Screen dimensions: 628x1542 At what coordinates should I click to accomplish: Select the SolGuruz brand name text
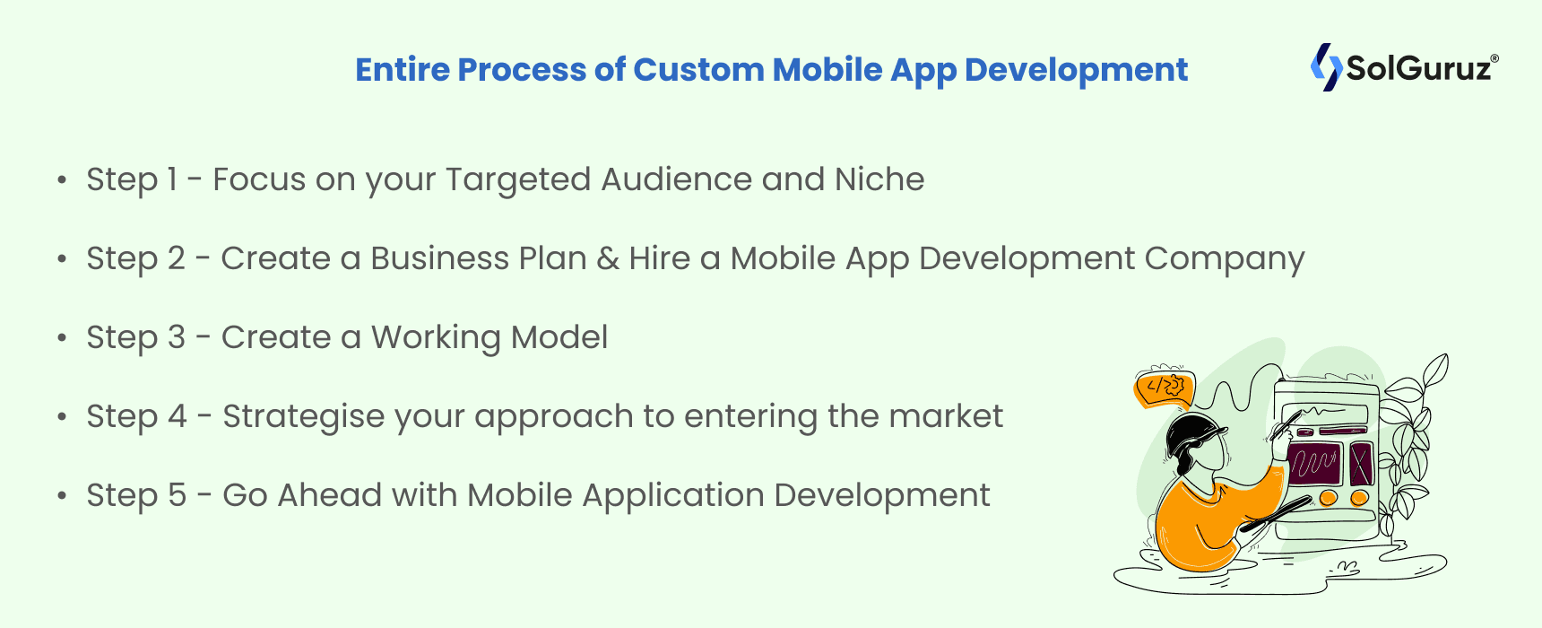coord(1421,68)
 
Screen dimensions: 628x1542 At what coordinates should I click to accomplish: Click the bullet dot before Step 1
coord(62,180)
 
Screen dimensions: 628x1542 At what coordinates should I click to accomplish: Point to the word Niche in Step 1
coord(879,179)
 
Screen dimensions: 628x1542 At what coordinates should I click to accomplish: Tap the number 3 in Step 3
coord(176,337)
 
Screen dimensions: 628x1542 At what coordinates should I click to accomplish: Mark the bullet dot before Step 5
coord(62,496)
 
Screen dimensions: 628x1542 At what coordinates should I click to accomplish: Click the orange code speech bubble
coord(1164,388)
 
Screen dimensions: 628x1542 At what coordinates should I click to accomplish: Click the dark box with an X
coord(1361,464)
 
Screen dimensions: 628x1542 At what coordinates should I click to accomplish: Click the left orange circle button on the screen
coord(1329,497)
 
